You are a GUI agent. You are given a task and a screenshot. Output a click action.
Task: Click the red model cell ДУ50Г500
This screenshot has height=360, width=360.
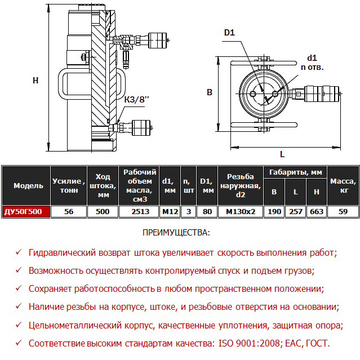pyautogui.click(x=25, y=212)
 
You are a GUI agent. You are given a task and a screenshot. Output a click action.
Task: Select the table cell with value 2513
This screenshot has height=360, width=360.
pyautogui.click(x=139, y=212)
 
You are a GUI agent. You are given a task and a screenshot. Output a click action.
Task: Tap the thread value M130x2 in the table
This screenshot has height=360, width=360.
pyautogui.click(x=241, y=212)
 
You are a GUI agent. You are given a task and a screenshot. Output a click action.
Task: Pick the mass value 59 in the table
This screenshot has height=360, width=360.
pyautogui.click(x=343, y=212)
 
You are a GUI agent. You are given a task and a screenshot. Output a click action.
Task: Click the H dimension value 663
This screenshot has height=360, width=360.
pyautogui.click(x=317, y=212)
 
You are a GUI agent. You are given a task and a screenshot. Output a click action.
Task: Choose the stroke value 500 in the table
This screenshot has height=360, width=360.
pyautogui.click(x=103, y=212)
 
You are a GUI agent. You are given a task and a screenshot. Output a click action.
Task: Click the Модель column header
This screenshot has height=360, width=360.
pyautogui.click(x=25, y=185)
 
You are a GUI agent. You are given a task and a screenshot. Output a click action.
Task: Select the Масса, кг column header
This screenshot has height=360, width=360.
pyautogui.click(x=343, y=185)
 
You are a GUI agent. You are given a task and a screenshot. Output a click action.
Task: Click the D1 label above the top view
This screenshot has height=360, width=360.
pyautogui.click(x=229, y=33)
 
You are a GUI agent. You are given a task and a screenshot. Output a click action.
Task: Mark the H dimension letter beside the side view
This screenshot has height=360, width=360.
pyautogui.click(x=35, y=81)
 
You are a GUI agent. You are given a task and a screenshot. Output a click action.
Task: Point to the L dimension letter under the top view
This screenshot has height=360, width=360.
pyautogui.click(x=282, y=154)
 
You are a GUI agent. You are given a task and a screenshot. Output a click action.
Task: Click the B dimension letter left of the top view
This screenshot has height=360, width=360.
pyautogui.click(x=209, y=92)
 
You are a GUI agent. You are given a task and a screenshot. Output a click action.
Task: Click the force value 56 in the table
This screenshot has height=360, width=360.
pyautogui.click(x=69, y=212)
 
